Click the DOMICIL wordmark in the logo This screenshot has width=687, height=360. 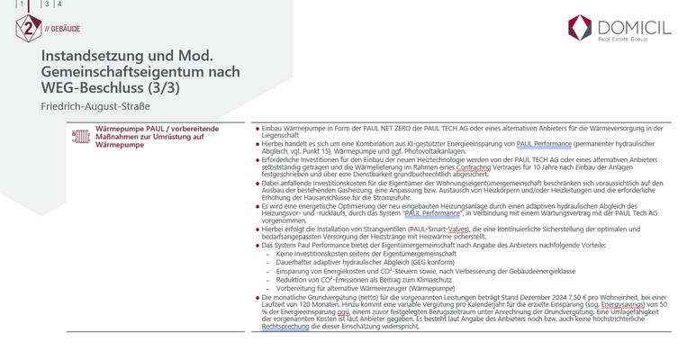[x=635, y=28]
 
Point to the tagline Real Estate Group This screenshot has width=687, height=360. [x=622, y=40]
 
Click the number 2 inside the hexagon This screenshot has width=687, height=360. [x=28, y=28]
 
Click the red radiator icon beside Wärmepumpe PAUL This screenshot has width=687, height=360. [x=78, y=135]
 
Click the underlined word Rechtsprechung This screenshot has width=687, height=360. [x=284, y=327]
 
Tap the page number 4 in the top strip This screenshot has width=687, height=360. [x=60, y=4]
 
